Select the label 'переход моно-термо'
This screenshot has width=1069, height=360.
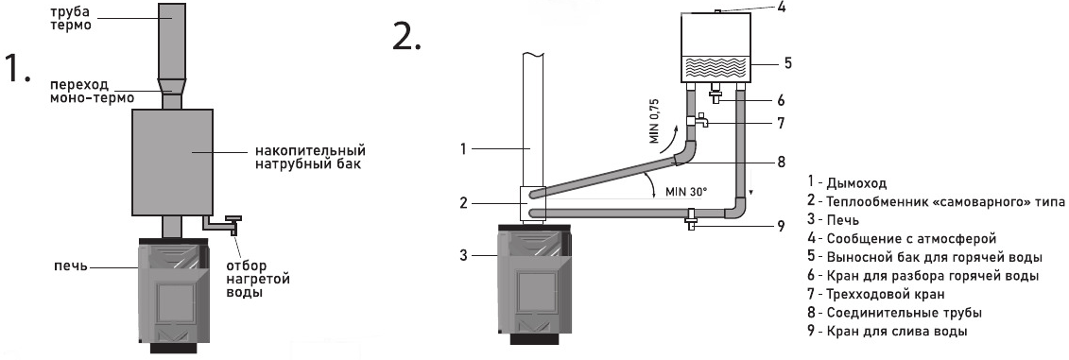92,91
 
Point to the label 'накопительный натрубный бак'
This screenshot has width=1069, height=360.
310,156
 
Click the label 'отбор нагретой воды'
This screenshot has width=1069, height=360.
258,279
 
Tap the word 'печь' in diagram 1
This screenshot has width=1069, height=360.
71,266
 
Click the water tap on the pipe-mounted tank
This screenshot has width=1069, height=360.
224,224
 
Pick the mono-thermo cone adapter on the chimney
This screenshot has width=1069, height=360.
171,87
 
